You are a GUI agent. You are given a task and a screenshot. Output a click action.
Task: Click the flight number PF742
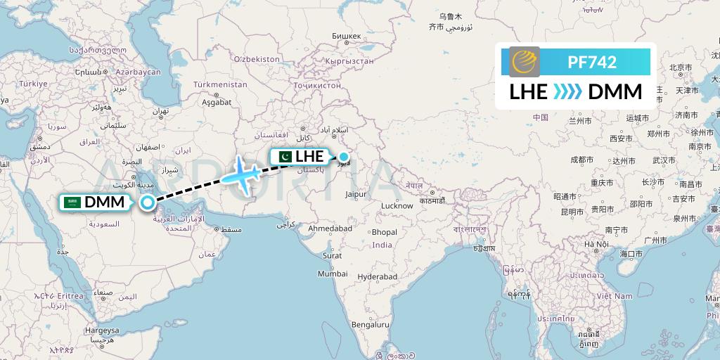click(591, 62)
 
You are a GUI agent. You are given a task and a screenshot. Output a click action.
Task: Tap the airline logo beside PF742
click(524, 61)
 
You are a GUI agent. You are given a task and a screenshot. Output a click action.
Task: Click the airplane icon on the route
click(242, 173)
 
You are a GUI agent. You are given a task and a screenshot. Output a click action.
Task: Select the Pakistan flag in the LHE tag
click(284, 157)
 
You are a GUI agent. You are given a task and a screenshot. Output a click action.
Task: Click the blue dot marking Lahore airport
click(344, 156)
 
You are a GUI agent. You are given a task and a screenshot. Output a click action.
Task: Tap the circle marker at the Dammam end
click(148, 202)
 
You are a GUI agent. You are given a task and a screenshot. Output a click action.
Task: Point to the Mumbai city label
click(332, 274)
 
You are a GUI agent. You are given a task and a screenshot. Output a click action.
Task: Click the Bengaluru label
click(371, 325)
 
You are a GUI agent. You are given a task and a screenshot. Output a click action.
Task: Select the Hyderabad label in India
click(378, 277)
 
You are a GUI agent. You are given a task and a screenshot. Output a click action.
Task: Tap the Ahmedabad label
click(329, 229)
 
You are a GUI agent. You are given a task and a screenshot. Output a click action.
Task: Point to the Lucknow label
click(397, 206)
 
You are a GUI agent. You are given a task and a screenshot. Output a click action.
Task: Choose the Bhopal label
click(384, 232)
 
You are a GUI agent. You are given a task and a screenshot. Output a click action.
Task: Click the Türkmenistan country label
click(221, 84)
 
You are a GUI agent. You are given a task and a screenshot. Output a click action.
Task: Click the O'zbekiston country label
click(257, 59)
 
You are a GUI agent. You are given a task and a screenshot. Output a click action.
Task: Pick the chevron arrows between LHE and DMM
click(567, 92)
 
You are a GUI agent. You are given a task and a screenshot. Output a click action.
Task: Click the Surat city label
click(332, 255)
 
